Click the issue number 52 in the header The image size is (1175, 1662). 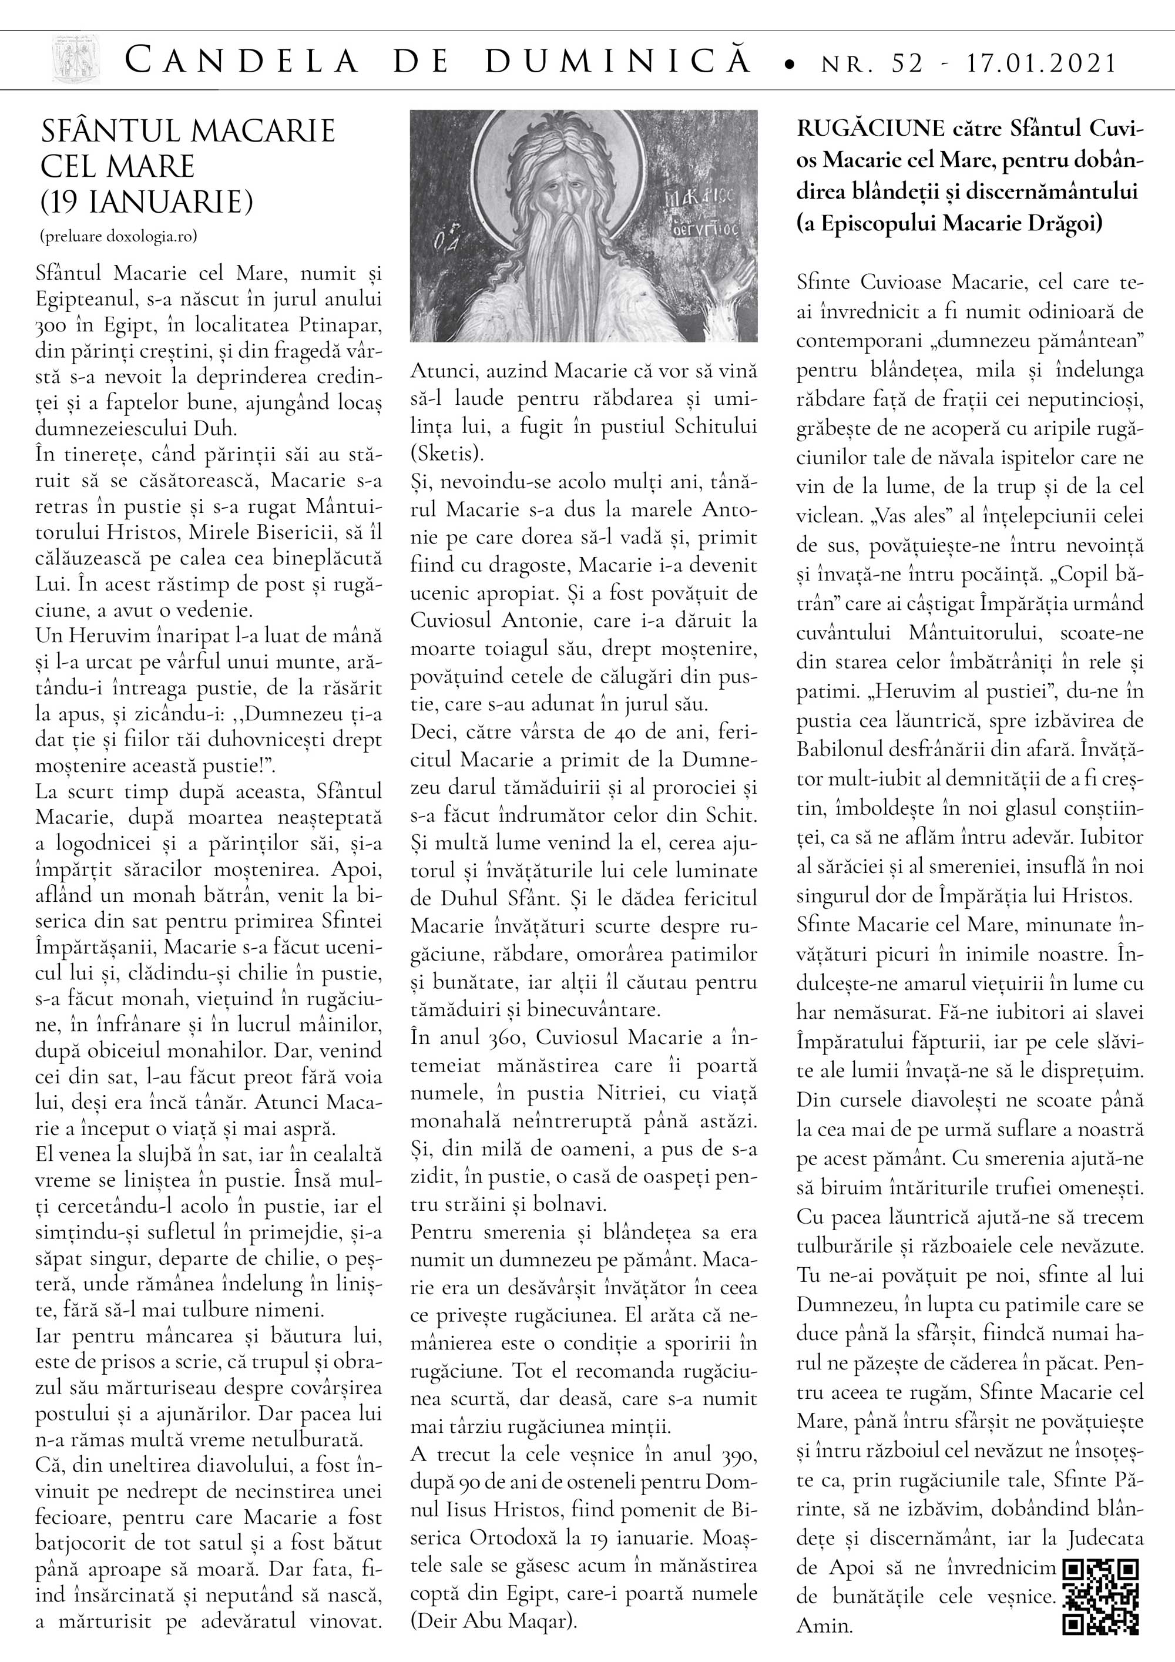point(905,63)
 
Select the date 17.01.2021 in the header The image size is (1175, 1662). point(1042,63)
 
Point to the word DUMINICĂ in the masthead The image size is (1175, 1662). point(619,62)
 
